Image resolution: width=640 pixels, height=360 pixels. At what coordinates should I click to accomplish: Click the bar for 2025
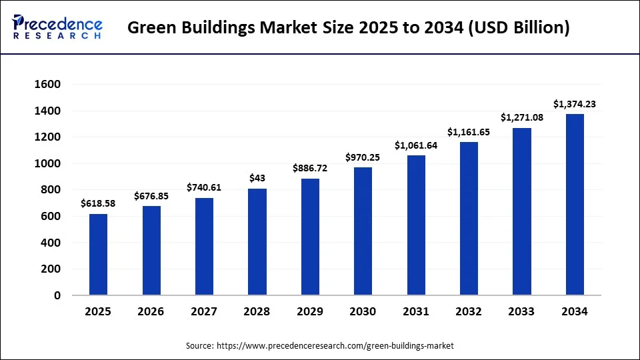tap(98, 255)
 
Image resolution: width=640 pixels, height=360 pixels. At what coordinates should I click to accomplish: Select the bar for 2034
tap(575, 205)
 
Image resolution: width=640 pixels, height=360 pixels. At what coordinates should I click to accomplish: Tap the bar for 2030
tap(363, 231)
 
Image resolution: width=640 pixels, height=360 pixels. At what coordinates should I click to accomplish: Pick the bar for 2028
tap(257, 242)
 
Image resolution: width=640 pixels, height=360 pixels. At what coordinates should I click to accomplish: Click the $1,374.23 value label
tap(575, 104)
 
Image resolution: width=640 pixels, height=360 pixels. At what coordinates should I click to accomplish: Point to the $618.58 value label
tap(98, 203)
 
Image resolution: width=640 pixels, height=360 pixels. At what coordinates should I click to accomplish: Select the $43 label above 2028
tap(257, 178)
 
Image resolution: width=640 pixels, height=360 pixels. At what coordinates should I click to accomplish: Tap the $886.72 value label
tap(310, 169)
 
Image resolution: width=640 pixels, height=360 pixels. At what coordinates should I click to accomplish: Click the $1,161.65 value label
tap(469, 132)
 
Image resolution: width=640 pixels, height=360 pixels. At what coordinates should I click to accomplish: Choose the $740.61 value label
tap(204, 187)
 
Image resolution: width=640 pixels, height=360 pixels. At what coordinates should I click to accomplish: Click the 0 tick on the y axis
tap(57, 295)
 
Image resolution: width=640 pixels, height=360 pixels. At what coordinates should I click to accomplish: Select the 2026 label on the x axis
tap(151, 311)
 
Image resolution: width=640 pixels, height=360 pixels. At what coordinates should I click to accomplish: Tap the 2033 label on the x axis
tap(521, 311)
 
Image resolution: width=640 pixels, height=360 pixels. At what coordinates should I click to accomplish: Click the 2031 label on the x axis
tap(415, 311)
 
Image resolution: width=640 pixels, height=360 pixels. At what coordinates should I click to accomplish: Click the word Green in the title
tap(148, 28)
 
